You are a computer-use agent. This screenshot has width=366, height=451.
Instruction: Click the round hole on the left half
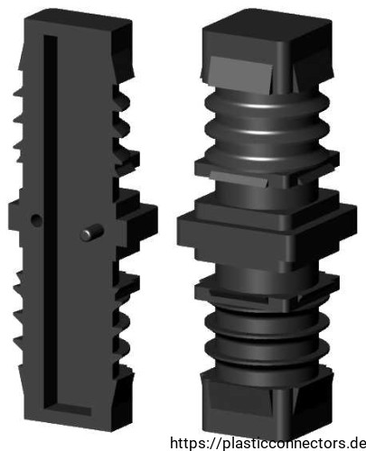click(37, 221)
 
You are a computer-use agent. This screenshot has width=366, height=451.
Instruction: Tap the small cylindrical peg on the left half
click(91, 233)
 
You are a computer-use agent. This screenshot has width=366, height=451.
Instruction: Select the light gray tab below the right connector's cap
click(241, 75)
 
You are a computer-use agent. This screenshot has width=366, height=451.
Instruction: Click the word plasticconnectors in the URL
click(286, 444)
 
